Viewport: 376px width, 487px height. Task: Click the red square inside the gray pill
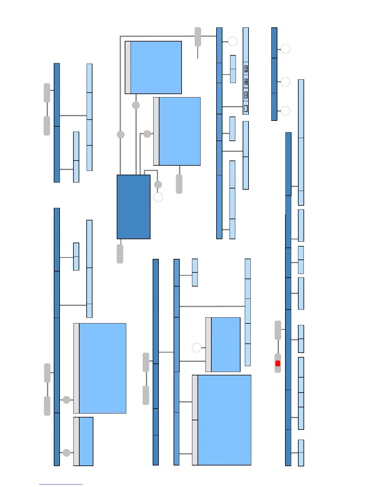278,364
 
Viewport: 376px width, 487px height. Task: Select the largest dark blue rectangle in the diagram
134,207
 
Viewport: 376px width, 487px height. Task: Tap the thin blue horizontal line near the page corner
61,485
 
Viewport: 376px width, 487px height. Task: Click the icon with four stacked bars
246,95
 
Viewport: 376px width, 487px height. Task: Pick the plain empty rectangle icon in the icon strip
246,109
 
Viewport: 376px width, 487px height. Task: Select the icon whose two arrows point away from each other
246,82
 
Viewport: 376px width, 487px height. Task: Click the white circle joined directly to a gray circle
158,197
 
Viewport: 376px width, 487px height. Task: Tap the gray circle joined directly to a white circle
158,184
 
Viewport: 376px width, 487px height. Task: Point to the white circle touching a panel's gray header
197,348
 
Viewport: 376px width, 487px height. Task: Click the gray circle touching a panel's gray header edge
147,134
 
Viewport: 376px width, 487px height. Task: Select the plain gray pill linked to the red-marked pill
278,330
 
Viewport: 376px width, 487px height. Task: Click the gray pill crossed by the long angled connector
198,37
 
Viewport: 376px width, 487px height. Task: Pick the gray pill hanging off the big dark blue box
120,254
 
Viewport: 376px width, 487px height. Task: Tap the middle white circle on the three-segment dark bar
286,82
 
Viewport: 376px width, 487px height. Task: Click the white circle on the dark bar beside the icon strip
233,41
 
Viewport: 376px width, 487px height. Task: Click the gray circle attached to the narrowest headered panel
66,453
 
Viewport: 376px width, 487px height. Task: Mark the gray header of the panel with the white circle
208,345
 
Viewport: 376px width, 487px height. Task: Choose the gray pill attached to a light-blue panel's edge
179,184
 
